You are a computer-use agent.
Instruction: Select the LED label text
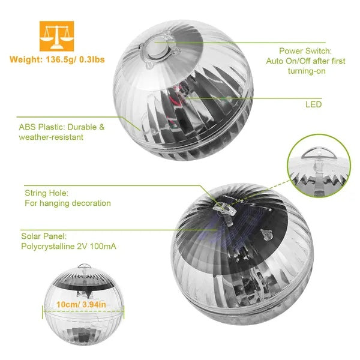(x=313, y=104)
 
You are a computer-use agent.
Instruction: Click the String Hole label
(x=46, y=193)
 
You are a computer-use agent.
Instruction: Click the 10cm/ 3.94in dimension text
(x=83, y=305)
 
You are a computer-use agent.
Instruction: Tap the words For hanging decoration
(x=68, y=203)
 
